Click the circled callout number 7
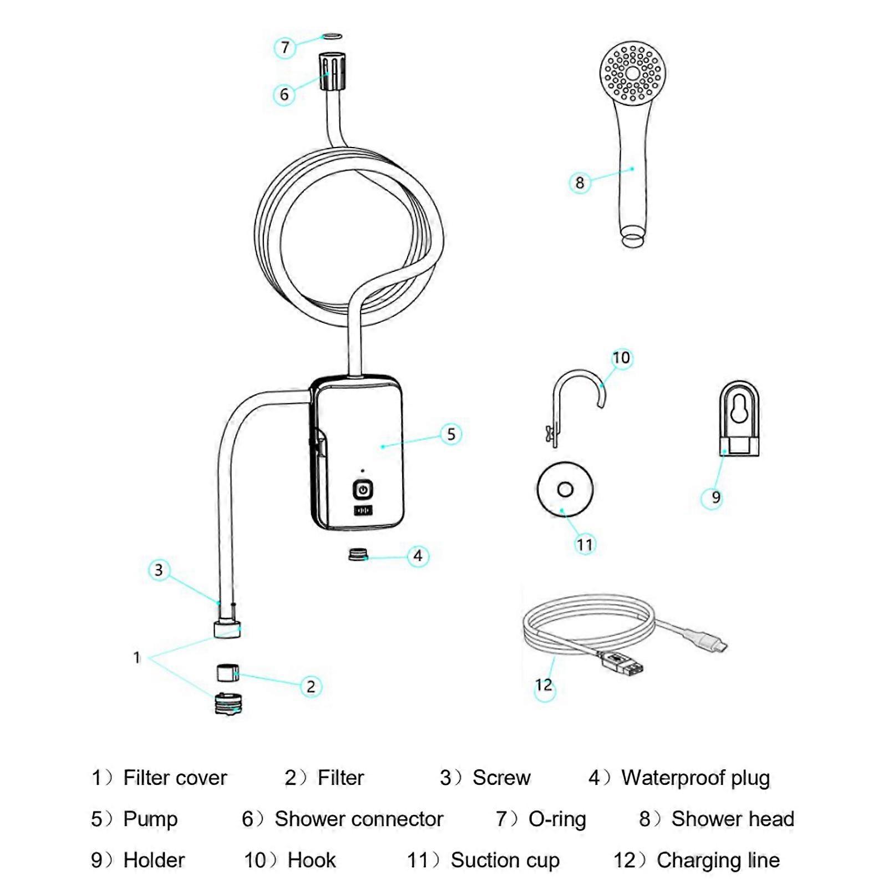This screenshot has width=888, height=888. coord(285,47)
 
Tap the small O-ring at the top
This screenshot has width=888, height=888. coord(332,36)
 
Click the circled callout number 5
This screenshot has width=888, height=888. coord(451,434)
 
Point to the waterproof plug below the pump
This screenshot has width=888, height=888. coord(358,554)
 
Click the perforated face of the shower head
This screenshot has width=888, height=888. coord(633,73)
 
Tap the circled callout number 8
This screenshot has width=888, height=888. coord(580,182)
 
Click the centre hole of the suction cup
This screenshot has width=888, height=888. coord(565,489)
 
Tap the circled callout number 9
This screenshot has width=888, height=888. coord(716,498)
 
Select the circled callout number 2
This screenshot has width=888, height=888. coord(311,687)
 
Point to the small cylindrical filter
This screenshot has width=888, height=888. coord(227,673)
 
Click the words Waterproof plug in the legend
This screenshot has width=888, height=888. coord(696,778)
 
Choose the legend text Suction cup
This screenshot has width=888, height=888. coord(505,860)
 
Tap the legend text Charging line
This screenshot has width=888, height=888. coord(718,860)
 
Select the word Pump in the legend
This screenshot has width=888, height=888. coord(150,819)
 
